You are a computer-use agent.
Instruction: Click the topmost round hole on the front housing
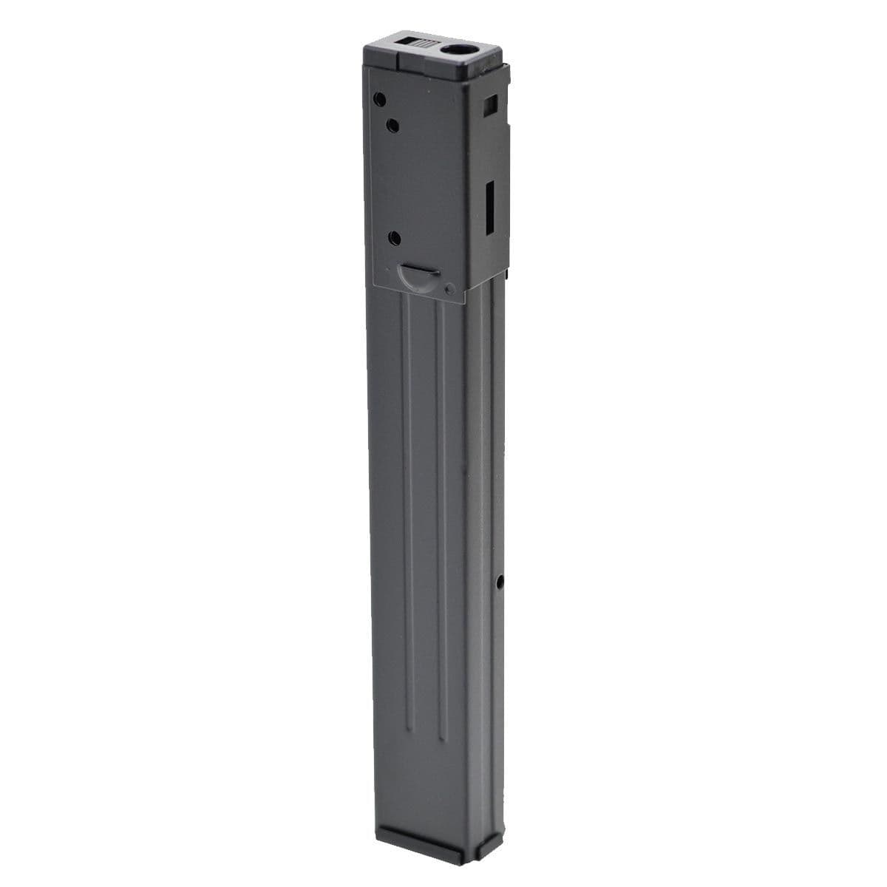click(379, 98)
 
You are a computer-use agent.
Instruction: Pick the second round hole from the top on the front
click(393, 126)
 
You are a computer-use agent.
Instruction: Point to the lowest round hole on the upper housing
click(394, 238)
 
